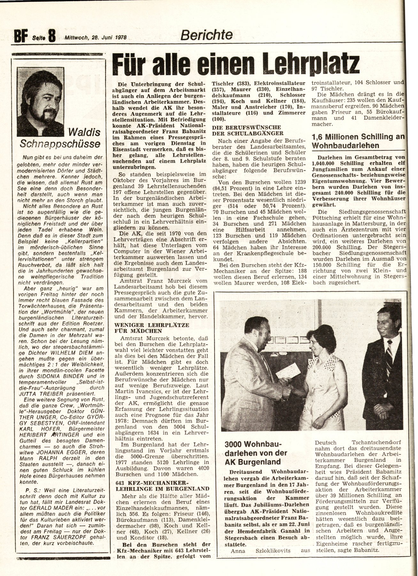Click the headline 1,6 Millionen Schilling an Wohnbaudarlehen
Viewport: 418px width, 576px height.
(358, 141)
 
